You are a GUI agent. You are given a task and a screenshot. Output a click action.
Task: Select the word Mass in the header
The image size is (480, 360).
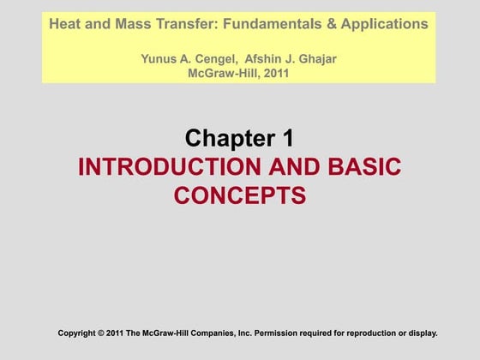coord(130,24)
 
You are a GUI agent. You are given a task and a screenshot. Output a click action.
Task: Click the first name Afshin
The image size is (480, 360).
coord(269,59)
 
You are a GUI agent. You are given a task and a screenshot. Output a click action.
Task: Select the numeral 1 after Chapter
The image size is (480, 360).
coord(288,137)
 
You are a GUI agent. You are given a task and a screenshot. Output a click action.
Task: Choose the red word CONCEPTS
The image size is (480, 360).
coord(240,196)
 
